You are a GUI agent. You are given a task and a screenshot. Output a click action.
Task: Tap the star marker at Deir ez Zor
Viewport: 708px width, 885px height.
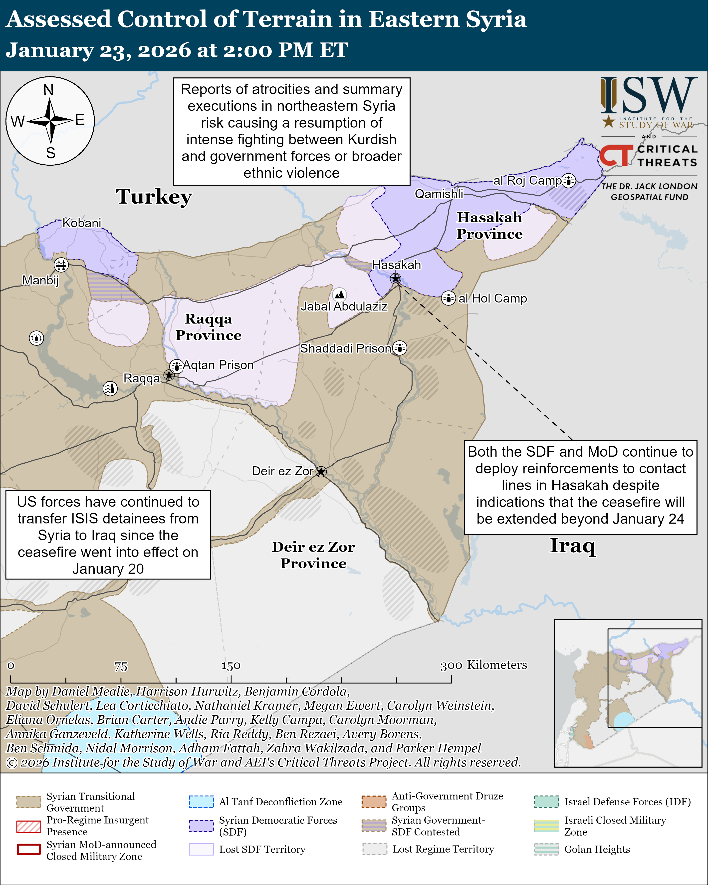click(321, 472)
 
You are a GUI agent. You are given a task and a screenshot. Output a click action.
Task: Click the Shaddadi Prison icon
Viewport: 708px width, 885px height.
click(399, 348)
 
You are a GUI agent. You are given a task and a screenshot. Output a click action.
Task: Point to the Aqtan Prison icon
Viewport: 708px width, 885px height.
click(177, 366)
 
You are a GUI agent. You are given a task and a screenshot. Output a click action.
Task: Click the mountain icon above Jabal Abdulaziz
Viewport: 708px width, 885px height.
click(339, 294)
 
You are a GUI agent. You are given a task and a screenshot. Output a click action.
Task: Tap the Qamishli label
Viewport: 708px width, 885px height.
click(439, 194)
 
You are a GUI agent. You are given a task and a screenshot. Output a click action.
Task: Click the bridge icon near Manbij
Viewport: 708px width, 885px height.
click(61, 265)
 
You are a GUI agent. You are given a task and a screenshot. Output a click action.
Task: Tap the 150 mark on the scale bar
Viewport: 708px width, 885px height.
click(231, 666)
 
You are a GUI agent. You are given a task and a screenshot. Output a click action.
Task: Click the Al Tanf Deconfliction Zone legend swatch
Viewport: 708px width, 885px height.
click(201, 802)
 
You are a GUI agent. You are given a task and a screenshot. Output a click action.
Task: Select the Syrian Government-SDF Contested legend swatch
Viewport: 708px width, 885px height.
click(374, 826)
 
